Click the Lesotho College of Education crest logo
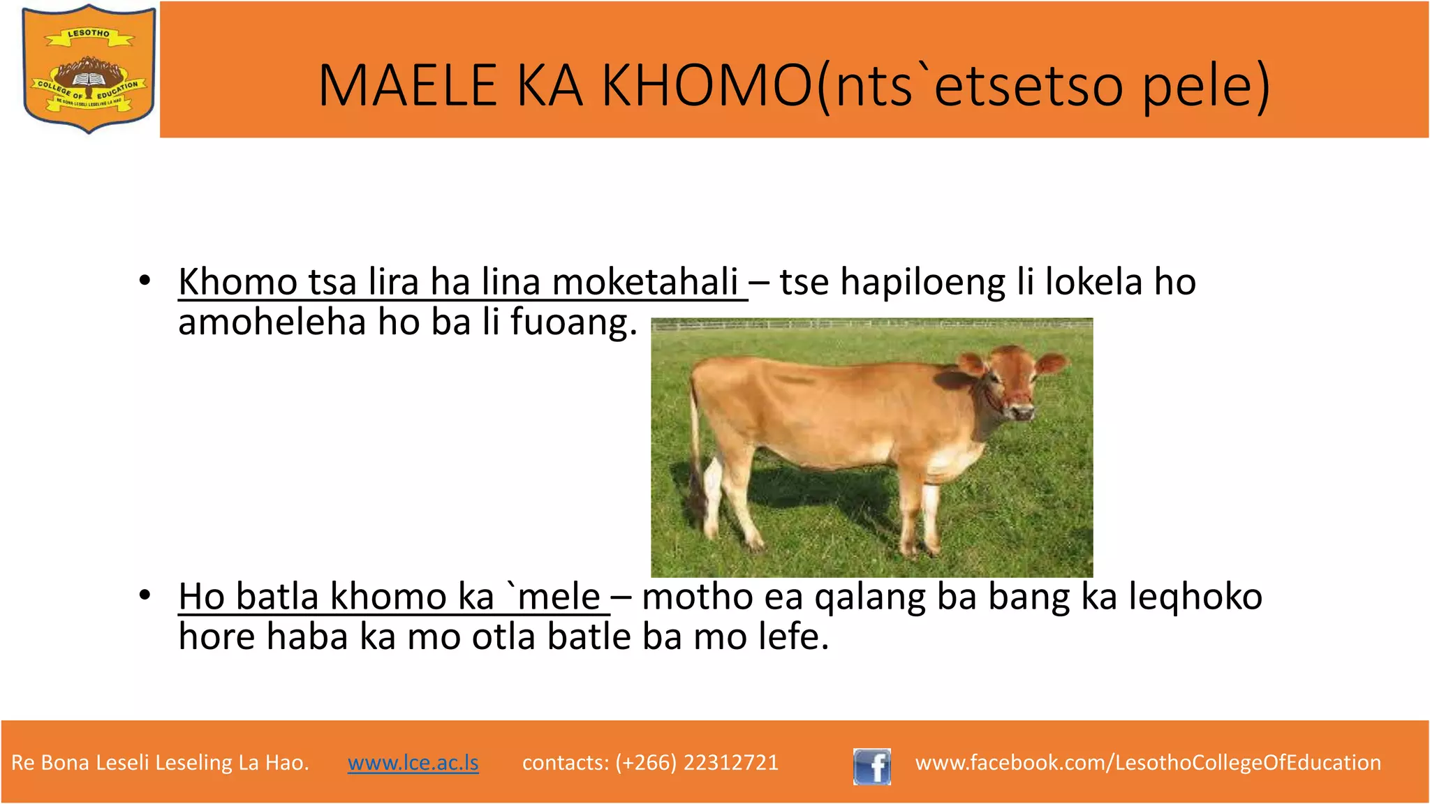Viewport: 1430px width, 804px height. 89,68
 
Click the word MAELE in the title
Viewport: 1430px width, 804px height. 407,86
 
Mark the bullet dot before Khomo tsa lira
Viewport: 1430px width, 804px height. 145,281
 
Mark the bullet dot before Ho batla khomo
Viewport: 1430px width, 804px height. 145,595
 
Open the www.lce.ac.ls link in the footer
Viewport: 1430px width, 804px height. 413,763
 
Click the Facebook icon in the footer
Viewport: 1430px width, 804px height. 871,766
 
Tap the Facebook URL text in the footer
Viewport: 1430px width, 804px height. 1148,763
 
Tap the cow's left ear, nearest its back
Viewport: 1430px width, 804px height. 970,362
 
